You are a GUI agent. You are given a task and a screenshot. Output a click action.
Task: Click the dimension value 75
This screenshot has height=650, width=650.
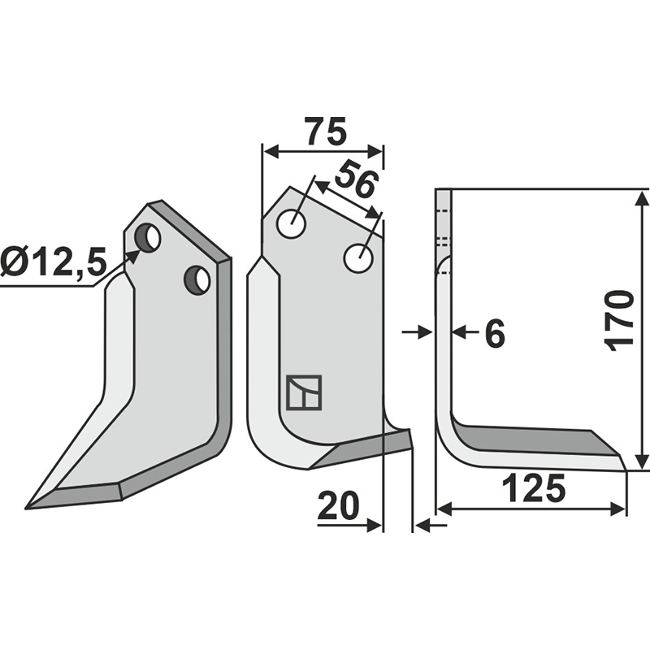pos(324,131)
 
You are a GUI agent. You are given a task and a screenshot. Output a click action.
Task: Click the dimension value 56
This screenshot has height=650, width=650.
pos(355,179)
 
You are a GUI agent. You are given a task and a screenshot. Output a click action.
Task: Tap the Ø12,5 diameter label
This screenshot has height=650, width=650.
pos(54,262)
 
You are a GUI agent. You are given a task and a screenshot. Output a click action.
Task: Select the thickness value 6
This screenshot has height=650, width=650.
pos(495,333)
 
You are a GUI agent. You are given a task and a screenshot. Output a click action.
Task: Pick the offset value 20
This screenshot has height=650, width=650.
pos(338,505)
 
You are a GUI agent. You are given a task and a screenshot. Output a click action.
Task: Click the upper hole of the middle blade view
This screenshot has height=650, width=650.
pos(292,224)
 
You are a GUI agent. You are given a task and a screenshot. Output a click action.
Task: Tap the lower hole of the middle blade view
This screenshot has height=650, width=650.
pos(358,258)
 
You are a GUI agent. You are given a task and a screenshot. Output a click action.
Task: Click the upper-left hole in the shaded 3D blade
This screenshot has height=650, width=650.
pos(148,236)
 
